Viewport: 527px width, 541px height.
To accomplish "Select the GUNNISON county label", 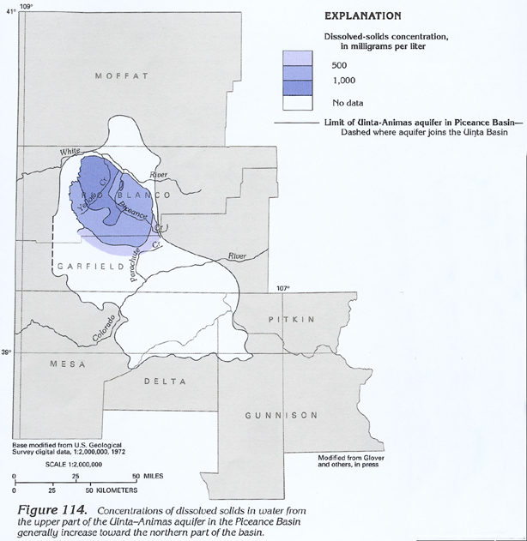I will click(282, 416).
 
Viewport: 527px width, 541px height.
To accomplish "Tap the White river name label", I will click(70, 152).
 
